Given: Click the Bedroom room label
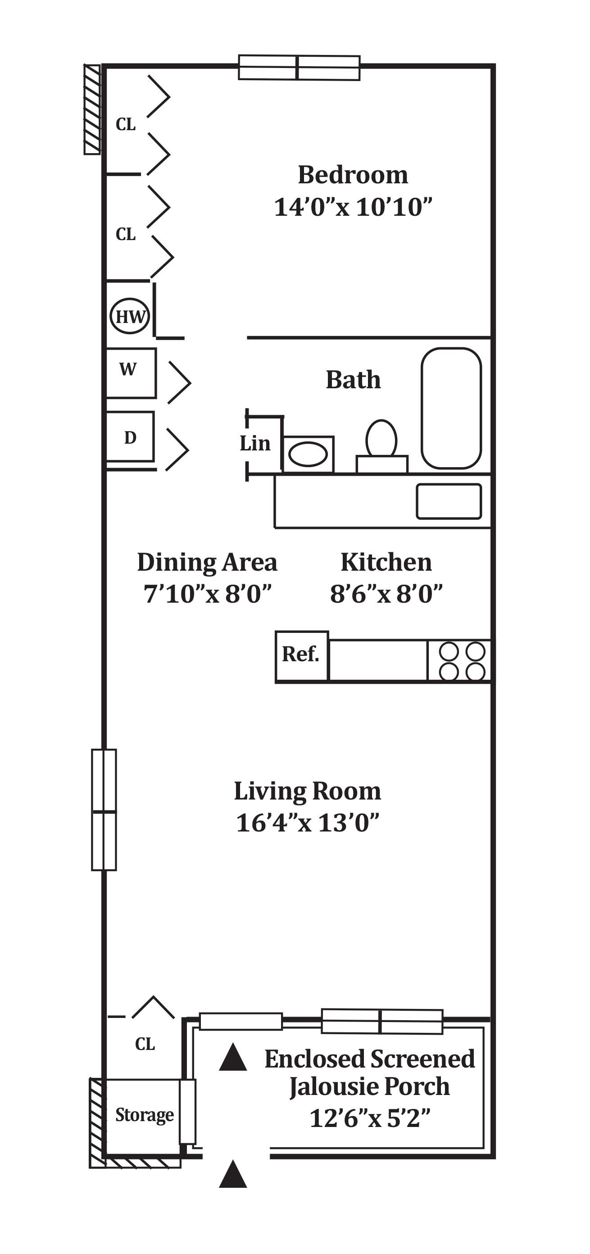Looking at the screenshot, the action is (x=353, y=175).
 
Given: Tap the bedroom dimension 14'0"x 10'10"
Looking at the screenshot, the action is (x=353, y=207).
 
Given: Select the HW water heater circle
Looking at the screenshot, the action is (x=130, y=316).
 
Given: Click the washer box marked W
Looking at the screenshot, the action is (x=131, y=373).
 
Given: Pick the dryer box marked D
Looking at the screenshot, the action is (x=130, y=436).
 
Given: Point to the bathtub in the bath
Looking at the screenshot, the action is (x=451, y=408).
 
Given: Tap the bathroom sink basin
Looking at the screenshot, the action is (x=308, y=454).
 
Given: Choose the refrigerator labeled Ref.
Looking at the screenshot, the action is (x=302, y=655).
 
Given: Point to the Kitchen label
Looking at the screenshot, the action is (x=386, y=562).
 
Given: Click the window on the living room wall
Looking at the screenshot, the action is (x=104, y=809).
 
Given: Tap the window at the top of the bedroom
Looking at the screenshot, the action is (x=299, y=68).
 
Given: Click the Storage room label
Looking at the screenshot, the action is (x=145, y=1115).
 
